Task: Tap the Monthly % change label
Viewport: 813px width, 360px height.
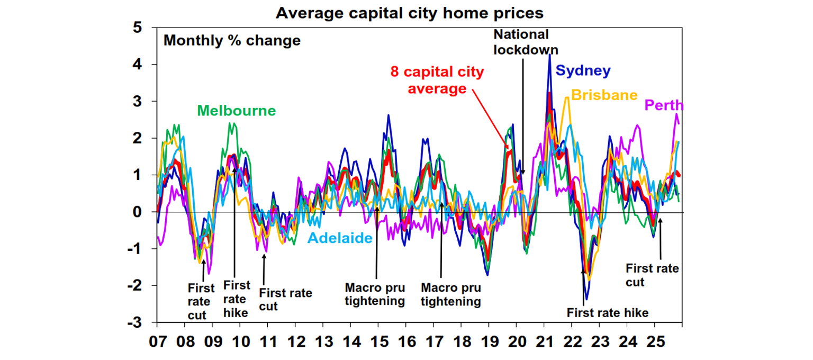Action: click(x=232, y=41)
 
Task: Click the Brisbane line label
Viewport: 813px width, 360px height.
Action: click(x=604, y=95)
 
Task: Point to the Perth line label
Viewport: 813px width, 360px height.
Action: click(x=664, y=105)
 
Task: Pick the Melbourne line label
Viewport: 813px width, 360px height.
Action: click(x=237, y=111)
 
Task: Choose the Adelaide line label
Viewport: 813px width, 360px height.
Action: click(x=340, y=238)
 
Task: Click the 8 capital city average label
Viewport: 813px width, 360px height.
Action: click(x=437, y=80)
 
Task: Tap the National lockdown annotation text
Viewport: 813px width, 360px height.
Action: click(x=521, y=42)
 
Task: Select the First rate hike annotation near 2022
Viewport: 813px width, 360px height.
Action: click(x=607, y=313)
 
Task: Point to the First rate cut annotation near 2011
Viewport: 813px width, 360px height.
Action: click(x=285, y=299)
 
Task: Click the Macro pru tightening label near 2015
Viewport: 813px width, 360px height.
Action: click(x=375, y=295)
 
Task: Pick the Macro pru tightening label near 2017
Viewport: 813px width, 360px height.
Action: click(x=450, y=295)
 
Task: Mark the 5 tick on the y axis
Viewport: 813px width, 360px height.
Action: click(x=144, y=28)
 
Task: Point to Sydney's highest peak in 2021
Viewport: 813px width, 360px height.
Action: click(x=550, y=55)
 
